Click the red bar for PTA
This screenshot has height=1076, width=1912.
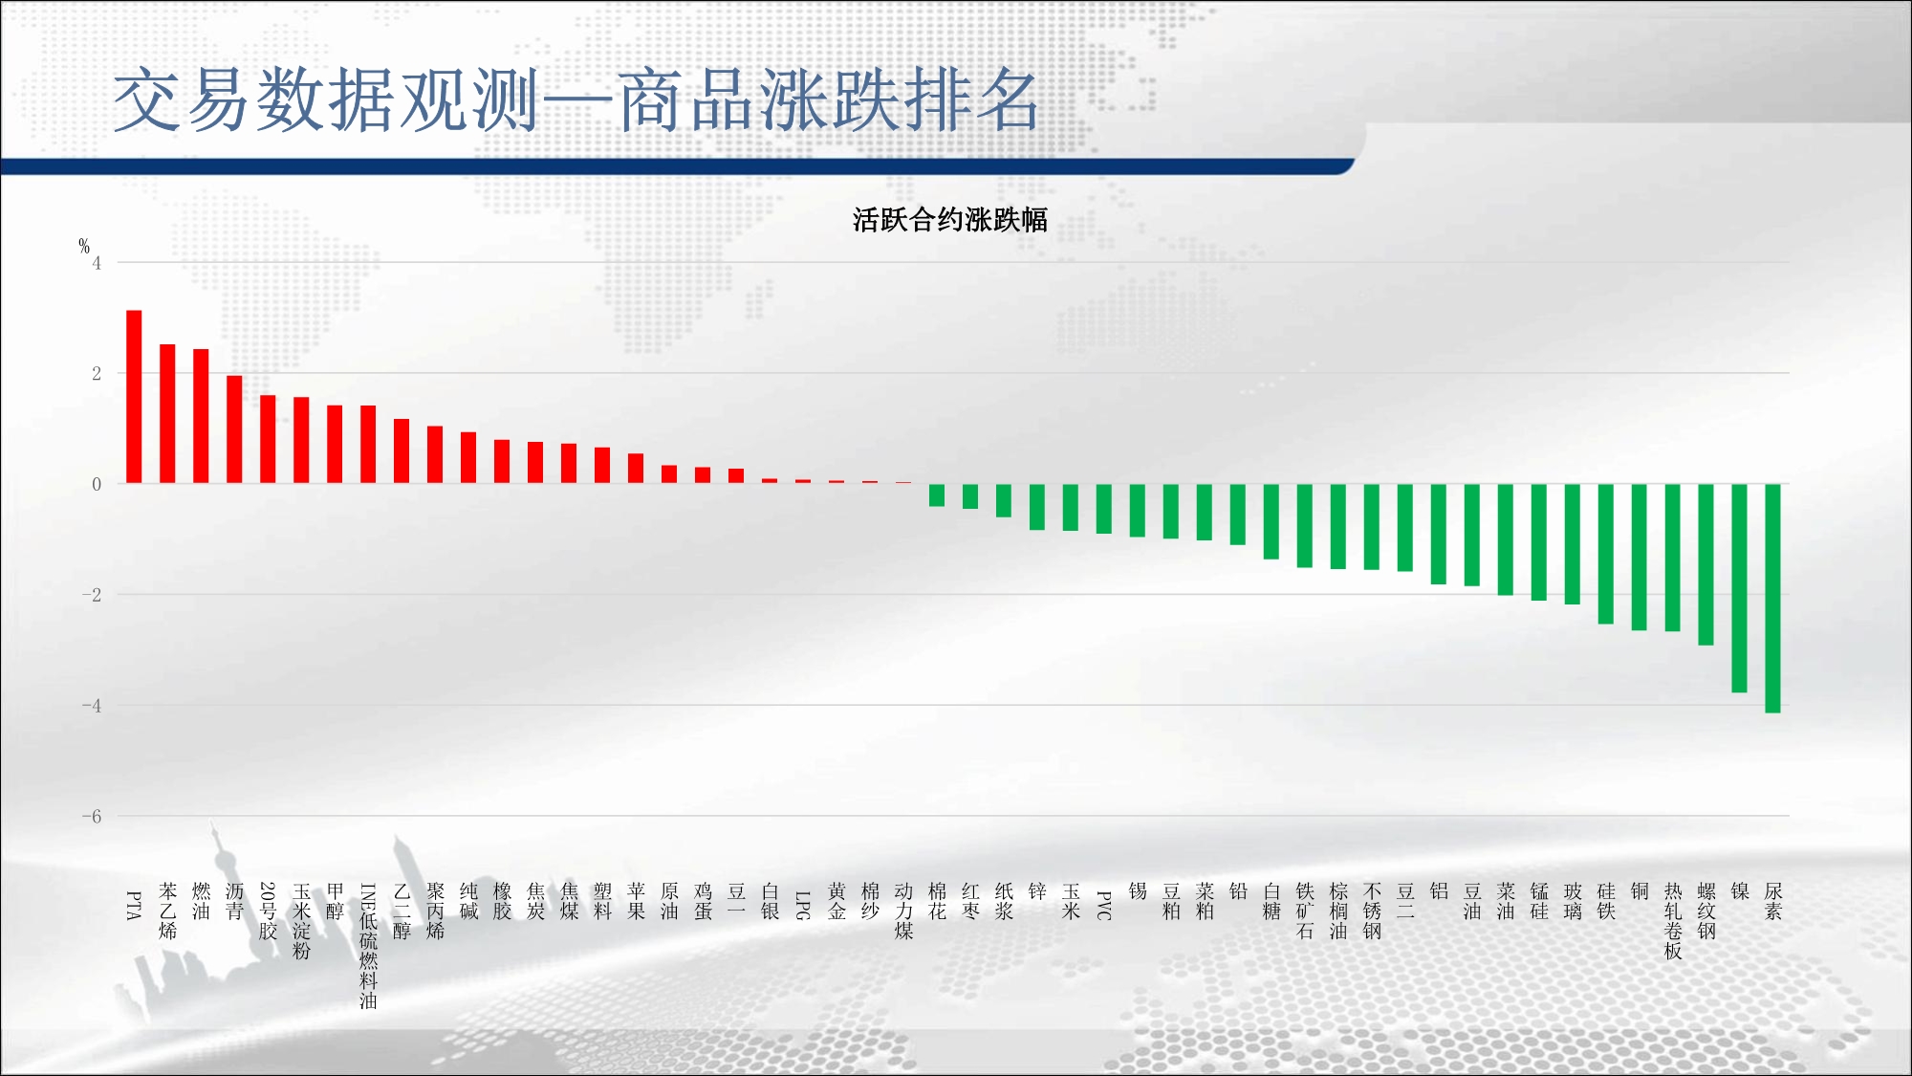[134, 397]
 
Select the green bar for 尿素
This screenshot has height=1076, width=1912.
[1772, 598]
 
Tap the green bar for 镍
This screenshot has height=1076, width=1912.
[1739, 588]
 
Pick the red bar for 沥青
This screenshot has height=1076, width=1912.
[234, 429]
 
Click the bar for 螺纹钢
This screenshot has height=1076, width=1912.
[1706, 564]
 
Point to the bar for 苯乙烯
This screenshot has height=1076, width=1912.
[167, 414]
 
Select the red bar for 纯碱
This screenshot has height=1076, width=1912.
[468, 458]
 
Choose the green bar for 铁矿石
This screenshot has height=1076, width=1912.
[1304, 526]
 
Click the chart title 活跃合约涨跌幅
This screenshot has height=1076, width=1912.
[950, 220]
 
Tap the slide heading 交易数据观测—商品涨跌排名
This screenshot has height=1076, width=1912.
[576, 99]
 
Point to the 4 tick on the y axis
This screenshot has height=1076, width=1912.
[97, 263]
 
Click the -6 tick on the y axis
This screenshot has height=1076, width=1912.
[92, 817]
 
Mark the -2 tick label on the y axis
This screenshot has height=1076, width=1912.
[92, 595]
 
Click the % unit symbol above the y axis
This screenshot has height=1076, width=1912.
[84, 246]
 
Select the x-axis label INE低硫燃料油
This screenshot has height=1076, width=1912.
[368, 946]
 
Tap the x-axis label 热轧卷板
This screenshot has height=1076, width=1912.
[1672, 921]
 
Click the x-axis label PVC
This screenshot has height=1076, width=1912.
[1103, 906]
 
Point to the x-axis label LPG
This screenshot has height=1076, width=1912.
[803, 906]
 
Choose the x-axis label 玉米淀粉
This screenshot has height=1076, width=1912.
[301, 921]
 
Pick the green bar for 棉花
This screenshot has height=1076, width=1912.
[937, 495]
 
